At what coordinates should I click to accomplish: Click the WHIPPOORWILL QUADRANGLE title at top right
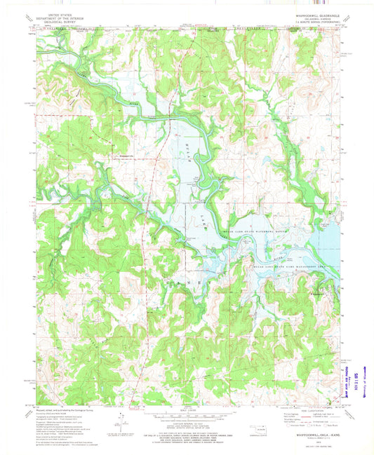313,13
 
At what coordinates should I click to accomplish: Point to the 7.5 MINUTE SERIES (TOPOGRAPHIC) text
313,20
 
